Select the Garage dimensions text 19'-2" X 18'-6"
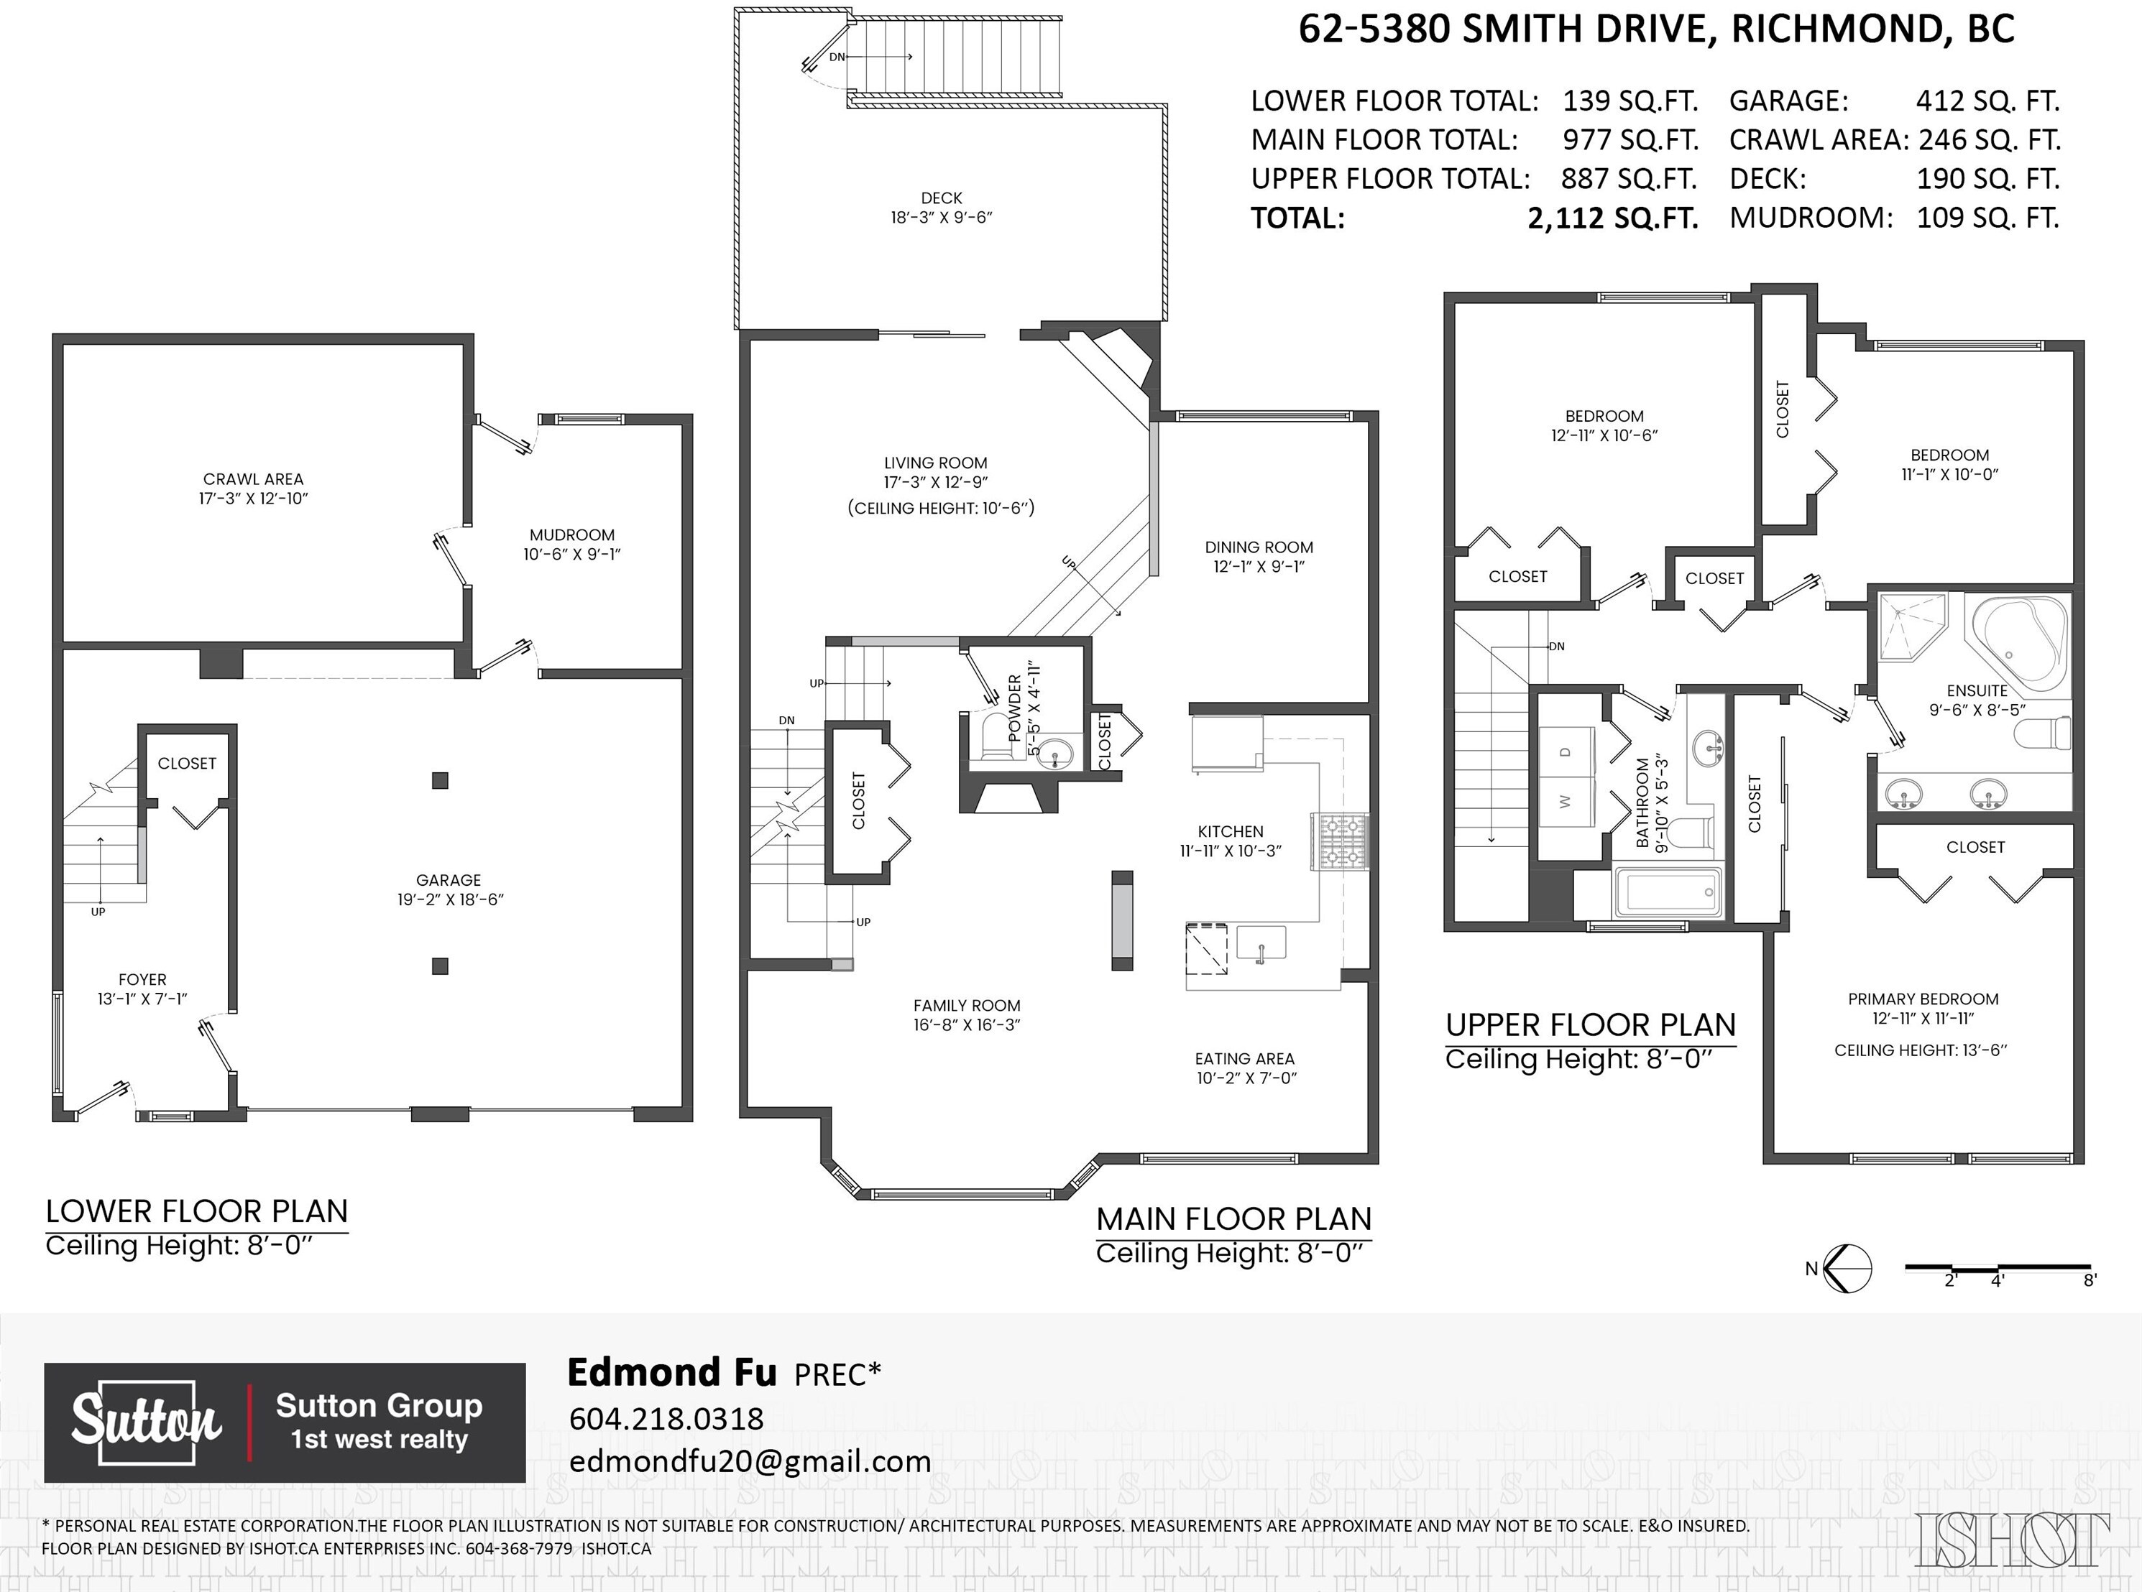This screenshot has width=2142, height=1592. [449, 899]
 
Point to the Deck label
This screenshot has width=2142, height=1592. [941, 198]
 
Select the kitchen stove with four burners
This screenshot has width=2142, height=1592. [1340, 842]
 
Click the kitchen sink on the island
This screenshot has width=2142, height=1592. [1261, 943]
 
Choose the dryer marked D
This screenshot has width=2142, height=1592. [1566, 751]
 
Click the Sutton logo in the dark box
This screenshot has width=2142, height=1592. [147, 1422]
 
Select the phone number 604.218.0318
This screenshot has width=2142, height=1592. [666, 1419]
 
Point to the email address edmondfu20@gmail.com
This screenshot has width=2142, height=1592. [750, 1461]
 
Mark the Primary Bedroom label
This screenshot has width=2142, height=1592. [1923, 999]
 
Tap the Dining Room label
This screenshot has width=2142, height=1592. [1259, 547]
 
